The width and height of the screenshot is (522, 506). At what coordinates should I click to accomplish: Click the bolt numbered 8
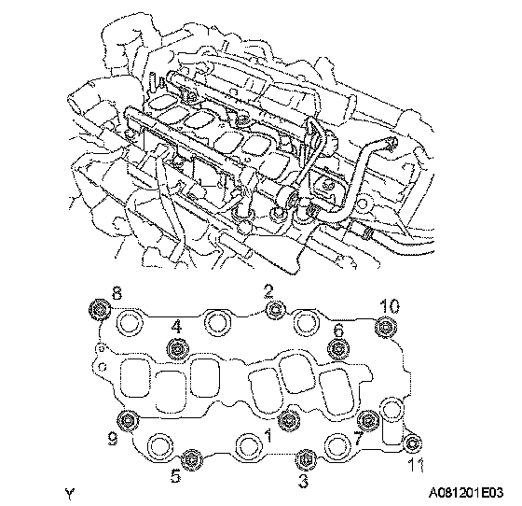[x=100, y=310]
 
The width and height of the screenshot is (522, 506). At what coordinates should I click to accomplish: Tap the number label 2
[x=269, y=291]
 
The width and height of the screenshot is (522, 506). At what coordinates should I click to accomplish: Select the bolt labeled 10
[x=386, y=328]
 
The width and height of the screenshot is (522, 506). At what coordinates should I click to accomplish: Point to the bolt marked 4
[x=177, y=349]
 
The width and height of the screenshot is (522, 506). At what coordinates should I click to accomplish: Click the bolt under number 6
[x=338, y=348]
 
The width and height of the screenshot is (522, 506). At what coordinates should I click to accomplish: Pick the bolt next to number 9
[x=129, y=421]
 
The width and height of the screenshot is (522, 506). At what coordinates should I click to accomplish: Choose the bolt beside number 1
[x=288, y=421]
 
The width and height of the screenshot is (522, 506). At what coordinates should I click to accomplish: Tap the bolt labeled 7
[x=368, y=421]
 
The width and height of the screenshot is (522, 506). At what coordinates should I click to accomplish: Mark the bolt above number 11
[x=413, y=443]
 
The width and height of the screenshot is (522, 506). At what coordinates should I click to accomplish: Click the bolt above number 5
[x=192, y=460]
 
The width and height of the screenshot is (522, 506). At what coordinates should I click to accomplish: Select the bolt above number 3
[x=305, y=459]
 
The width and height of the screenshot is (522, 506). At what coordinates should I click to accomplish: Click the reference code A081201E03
[x=466, y=492]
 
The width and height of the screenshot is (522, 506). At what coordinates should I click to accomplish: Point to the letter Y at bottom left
[x=70, y=494]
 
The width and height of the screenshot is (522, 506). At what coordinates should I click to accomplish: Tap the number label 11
[x=416, y=465]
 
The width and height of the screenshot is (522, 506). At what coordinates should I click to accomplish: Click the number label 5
[x=175, y=476]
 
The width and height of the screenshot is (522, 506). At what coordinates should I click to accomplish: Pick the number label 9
[x=113, y=440]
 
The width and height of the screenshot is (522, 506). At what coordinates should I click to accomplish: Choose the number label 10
[x=390, y=305]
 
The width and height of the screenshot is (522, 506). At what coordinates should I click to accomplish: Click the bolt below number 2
[x=276, y=309]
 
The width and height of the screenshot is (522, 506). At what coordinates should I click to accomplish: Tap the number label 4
[x=176, y=327]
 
